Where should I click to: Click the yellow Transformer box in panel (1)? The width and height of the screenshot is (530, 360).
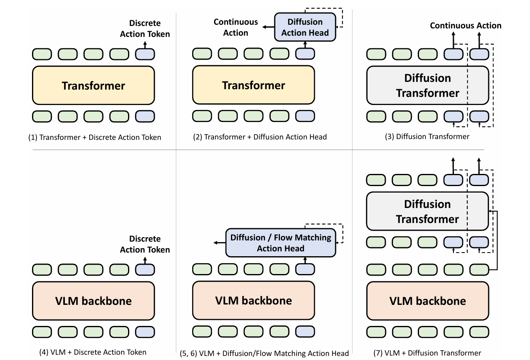coord(94,86)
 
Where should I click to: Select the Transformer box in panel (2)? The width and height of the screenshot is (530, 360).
coord(253,85)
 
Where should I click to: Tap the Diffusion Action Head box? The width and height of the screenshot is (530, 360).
coord(305,27)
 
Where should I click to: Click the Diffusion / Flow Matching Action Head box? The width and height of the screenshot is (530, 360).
coord(281,242)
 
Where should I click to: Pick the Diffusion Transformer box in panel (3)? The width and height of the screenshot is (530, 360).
coord(427,86)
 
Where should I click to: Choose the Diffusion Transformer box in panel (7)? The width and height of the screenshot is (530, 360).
coord(427,211)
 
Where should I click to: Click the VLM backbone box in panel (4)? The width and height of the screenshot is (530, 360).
coord(94,301)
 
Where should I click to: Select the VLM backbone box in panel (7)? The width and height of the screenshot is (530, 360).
coord(427,301)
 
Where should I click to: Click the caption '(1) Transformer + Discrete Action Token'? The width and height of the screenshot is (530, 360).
coord(95,137)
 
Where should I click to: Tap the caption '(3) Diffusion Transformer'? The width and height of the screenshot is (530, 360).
coord(427,137)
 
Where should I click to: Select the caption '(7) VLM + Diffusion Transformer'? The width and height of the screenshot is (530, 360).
coord(427,353)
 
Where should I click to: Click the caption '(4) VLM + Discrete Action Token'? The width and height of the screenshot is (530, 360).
coord(93,352)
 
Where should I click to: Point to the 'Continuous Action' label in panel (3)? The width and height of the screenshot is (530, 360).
coord(466,25)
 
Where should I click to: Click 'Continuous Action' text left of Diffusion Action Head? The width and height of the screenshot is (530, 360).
coord(236,27)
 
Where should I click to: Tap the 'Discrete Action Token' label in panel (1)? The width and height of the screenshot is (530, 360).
coord(145,28)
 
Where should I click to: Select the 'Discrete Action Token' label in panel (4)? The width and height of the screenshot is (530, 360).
coord(145,244)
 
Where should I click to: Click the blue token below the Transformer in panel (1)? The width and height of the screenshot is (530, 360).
coord(145,116)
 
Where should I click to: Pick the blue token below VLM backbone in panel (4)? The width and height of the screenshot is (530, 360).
coord(145,332)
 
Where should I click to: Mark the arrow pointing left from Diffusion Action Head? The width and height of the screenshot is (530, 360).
coord(268,27)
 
